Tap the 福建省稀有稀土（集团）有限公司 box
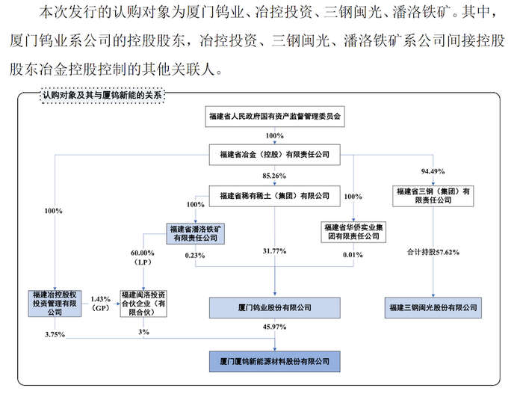274,195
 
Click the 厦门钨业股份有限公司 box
274,307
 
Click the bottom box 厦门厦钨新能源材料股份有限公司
274,360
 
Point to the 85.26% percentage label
275,176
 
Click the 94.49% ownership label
433,170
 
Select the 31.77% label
275,251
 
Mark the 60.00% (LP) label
142,257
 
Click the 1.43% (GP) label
100,303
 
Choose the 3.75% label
55,334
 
